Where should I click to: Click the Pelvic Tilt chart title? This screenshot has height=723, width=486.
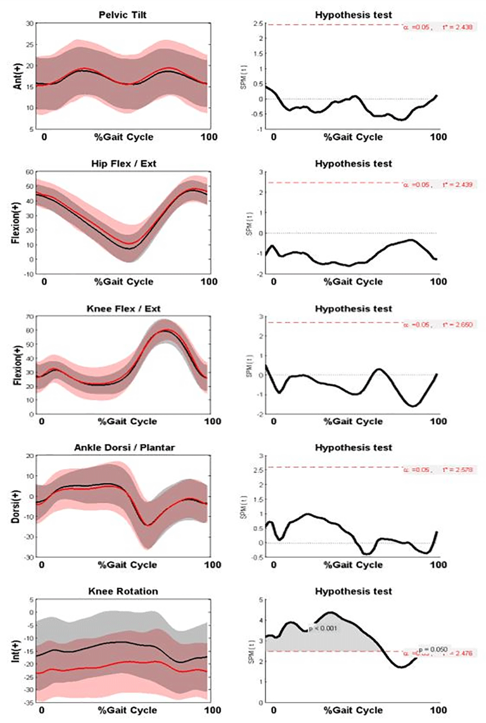click(122, 15)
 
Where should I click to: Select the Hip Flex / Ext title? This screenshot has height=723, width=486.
click(123, 164)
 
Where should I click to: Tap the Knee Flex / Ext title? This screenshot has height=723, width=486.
click(123, 309)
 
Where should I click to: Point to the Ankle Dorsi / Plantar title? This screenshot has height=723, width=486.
click(124, 448)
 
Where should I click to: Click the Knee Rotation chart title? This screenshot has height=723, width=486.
click(123, 591)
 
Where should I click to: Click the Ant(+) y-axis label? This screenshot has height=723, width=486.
click(18, 76)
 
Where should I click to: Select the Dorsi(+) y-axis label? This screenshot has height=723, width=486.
click(16, 506)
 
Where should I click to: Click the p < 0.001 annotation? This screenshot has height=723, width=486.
click(323, 628)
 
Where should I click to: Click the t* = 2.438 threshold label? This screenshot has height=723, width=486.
click(457, 27)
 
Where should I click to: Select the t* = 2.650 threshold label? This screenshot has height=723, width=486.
click(457, 325)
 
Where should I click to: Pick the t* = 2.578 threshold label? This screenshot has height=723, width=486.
click(457, 470)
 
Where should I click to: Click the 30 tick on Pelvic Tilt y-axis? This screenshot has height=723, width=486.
click(30, 23)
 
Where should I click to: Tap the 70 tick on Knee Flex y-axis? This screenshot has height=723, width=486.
click(30, 317)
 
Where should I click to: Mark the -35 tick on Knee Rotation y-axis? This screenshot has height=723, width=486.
click(29, 703)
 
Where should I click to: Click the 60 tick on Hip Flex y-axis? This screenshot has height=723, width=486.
click(30, 172)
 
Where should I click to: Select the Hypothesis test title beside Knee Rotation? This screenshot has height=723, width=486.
click(353, 591)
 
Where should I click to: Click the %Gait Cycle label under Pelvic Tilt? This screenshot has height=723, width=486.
click(123, 137)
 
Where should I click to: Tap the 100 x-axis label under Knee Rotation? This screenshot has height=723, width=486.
click(212, 710)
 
